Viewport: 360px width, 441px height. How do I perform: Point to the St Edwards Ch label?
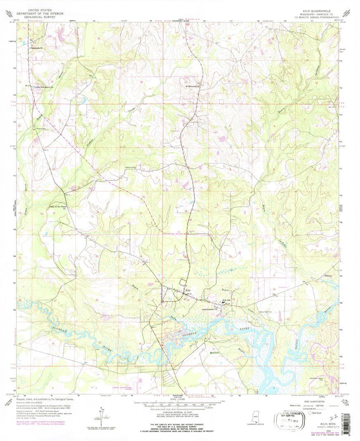[192, 86]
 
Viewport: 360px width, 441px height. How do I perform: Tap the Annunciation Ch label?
[210, 310]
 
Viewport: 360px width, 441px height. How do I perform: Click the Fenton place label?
[329, 275]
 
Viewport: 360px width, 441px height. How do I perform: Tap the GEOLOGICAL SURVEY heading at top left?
[43, 17]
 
